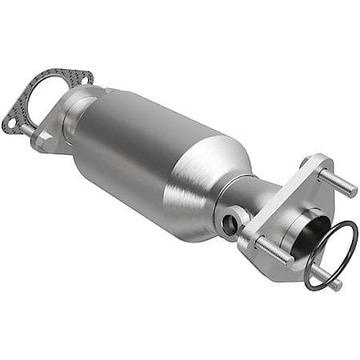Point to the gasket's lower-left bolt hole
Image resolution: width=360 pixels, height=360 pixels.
point(10,123)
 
